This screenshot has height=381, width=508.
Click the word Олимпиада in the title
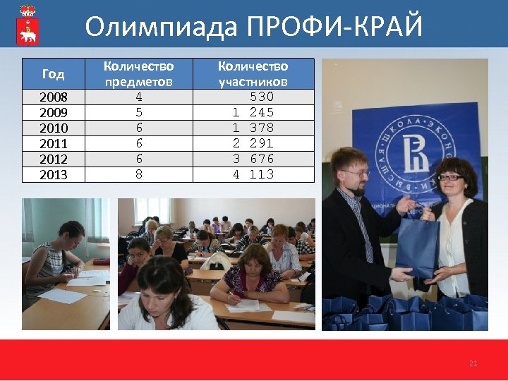162,26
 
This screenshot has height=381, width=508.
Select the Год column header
53,73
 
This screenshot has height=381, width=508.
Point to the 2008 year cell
53,97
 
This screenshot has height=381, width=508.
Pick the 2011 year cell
53,143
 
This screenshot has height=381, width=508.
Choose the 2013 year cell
53,174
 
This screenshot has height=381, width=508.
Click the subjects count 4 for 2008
138,97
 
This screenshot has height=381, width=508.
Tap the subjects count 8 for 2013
138,174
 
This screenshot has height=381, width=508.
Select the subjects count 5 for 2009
138,112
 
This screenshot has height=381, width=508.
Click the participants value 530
262,97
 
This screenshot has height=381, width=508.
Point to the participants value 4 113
253,174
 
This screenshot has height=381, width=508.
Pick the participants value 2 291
253,143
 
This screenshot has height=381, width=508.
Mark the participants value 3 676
253,159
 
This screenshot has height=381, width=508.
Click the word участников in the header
253,81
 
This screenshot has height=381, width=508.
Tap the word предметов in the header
138,81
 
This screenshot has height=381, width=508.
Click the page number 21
473,363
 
